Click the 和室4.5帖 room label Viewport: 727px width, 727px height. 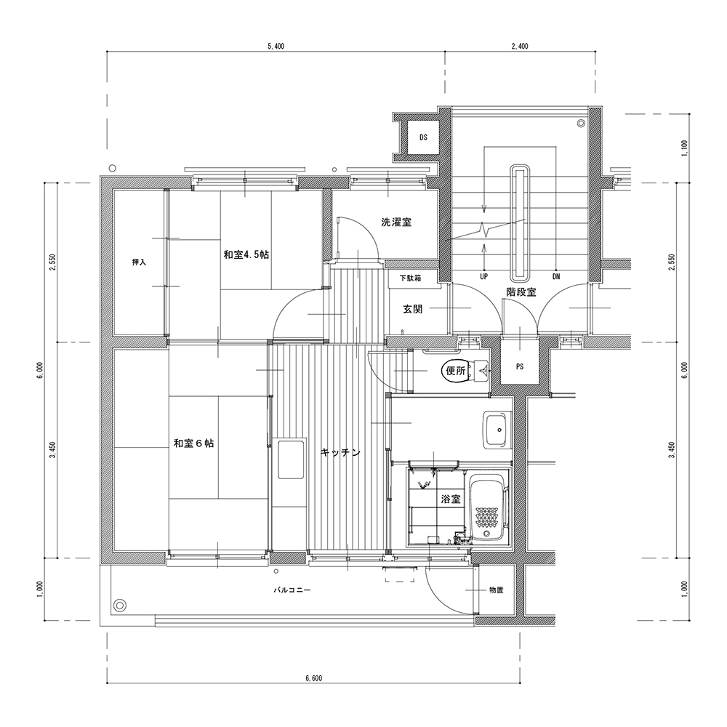click(x=246, y=254)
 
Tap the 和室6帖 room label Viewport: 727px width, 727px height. click(x=194, y=443)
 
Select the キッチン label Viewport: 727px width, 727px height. click(x=340, y=452)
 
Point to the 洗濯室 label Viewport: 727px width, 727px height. click(x=396, y=222)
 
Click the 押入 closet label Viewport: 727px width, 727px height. click(x=139, y=262)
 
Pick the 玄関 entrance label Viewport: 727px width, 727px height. click(x=412, y=309)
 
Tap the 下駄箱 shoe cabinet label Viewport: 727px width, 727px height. click(x=410, y=278)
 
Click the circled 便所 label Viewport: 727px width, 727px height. click(x=456, y=371)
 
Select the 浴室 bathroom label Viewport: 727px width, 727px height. click(x=451, y=499)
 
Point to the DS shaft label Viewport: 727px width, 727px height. click(x=423, y=137)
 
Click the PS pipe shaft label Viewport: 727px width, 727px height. click(x=520, y=366)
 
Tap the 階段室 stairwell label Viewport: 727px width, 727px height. click(x=521, y=292)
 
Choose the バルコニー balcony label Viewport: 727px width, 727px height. click(x=292, y=590)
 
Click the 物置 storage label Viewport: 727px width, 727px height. click(x=496, y=590)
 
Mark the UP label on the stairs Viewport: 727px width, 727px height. click(x=484, y=277)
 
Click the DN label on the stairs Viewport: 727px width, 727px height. click(x=556, y=277)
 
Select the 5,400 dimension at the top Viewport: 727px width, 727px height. click(x=276, y=46)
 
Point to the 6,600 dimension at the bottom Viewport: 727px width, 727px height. click(x=313, y=678)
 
